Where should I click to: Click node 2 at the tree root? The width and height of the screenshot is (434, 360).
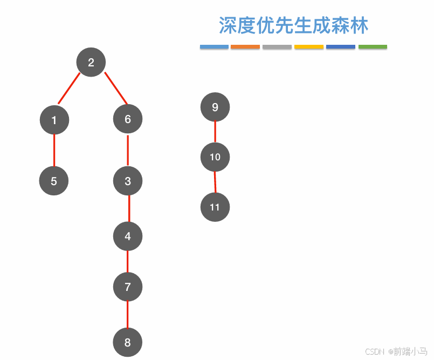[x=91, y=62]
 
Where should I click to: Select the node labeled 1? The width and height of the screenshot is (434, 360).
[x=54, y=120]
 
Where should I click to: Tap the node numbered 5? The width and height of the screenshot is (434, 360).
[x=54, y=181]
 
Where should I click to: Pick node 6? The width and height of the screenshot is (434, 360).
[x=128, y=119]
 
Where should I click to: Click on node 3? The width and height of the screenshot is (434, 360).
[x=128, y=181]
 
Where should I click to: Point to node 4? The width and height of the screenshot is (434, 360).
[x=128, y=236]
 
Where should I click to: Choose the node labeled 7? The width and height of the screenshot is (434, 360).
[x=128, y=287]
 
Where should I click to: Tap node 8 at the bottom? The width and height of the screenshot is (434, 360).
[x=128, y=342]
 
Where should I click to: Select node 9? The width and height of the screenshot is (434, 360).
[x=215, y=107]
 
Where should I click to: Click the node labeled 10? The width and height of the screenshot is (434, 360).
[x=215, y=157]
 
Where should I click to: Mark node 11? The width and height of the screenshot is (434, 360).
[x=215, y=207]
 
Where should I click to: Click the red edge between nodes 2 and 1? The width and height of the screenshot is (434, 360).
[x=70, y=88]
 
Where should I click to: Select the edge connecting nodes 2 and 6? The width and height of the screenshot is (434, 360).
[x=115, y=87]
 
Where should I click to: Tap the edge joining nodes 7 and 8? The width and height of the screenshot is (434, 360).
[x=128, y=314]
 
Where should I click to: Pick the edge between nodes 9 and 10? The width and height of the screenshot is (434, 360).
[x=215, y=132]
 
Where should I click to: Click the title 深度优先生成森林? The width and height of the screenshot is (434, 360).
[x=294, y=25]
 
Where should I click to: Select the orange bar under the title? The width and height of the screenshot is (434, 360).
[x=245, y=47]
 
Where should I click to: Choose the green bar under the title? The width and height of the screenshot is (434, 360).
[x=373, y=47]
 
